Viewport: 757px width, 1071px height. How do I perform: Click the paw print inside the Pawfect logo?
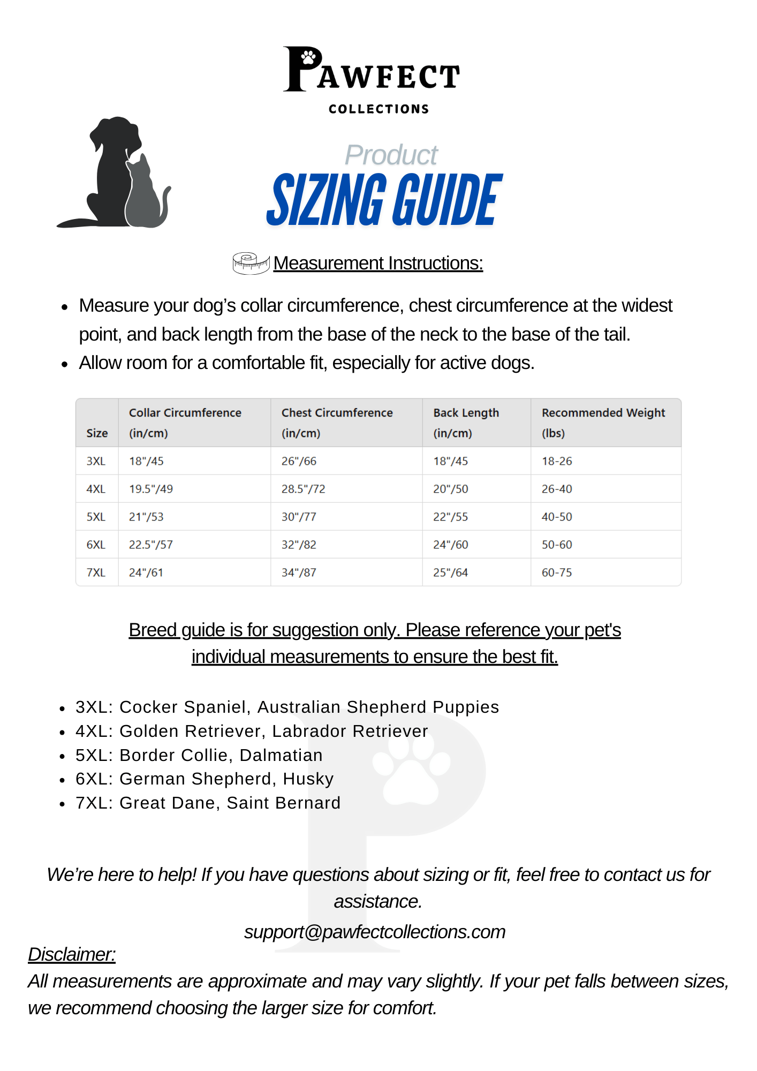point(308,56)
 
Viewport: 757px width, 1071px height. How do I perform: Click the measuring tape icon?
point(251,263)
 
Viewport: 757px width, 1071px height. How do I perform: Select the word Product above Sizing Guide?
point(391,155)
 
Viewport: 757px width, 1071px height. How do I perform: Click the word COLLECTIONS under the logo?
point(378,109)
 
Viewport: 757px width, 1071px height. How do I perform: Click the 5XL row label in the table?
point(96,517)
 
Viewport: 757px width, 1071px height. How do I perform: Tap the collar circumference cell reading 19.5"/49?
point(151,489)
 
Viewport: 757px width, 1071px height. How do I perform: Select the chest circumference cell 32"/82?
point(299,545)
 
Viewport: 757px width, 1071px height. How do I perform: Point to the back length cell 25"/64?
point(450,572)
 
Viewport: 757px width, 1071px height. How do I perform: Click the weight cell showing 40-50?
point(557,517)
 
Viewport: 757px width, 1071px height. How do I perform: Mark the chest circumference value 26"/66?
point(299,461)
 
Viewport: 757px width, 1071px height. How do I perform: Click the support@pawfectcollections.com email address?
point(375,932)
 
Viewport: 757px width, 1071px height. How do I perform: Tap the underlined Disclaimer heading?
point(72,954)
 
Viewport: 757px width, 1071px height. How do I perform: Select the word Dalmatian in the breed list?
point(281,755)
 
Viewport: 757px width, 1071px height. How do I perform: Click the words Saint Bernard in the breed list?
point(284,803)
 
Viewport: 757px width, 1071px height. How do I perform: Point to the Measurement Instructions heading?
point(378,263)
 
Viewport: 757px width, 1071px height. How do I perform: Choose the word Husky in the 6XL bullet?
point(308,779)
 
